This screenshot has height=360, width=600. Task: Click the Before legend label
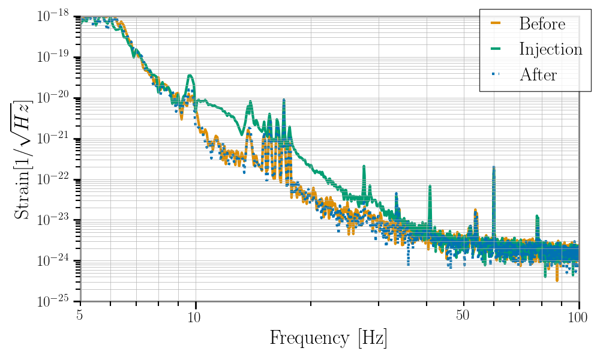click(x=542, y=24)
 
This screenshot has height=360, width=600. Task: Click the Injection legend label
click(x=551, y=49)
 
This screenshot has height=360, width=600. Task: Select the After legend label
click(x=538, y=74)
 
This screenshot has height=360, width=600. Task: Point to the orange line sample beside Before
click(x=496, y=24)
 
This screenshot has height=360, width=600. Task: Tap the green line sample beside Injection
click(x=496, y=49)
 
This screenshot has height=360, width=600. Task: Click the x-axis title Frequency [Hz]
click(x=328, y=338)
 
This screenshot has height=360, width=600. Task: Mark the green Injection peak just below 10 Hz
click(x=190, y=76)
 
